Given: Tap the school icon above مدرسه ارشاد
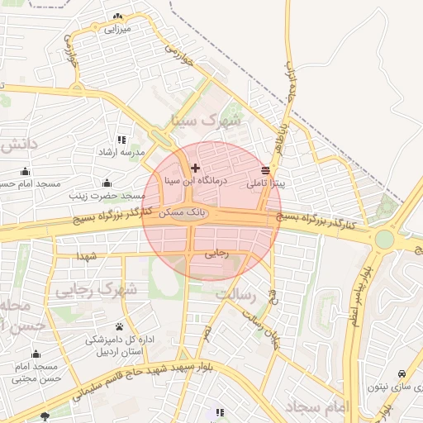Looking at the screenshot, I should tap(122, 140).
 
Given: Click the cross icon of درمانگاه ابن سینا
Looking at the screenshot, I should tap(195, 169).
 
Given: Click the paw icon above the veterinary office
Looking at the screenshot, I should tap(120, 326).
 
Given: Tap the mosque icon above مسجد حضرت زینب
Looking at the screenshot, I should tap(106, 183).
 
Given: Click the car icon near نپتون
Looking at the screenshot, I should tap(402, 373).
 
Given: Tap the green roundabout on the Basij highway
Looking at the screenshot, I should tap(384, 240).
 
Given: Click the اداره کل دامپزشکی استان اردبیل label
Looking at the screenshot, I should tap(121, 345).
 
